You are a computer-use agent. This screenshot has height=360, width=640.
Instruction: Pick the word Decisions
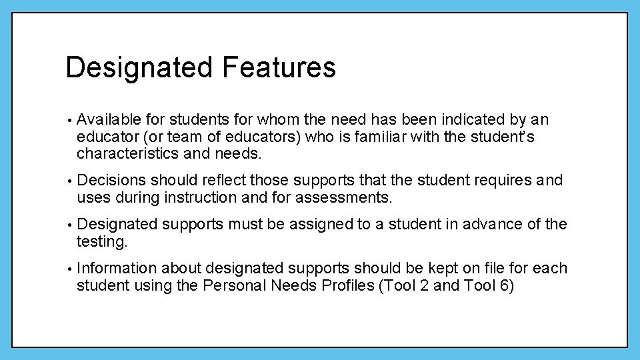111,181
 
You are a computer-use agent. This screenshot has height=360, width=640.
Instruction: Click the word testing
101,242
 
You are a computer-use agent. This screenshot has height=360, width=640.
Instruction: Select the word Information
117,269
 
